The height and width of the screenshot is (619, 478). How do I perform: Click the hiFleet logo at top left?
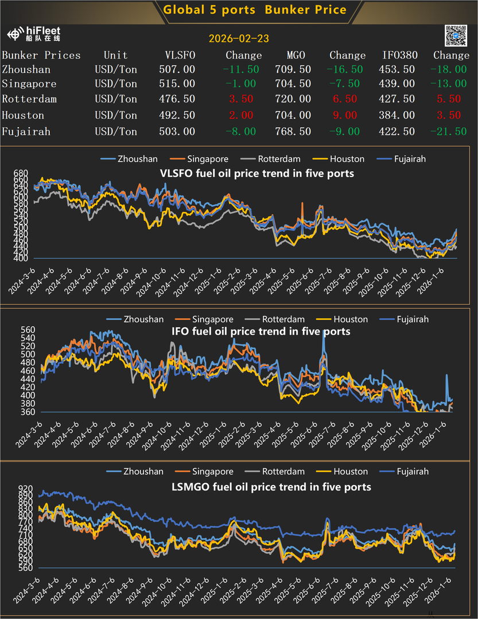pyautogui.click(x=34, y=34)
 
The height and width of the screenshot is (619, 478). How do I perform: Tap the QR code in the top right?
pyautogui.click(x=456, y=36)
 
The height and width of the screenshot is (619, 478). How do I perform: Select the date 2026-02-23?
pyautogui.click(x=239, y=39)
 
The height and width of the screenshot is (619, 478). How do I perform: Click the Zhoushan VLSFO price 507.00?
pyautogui.click(x=177, y=69)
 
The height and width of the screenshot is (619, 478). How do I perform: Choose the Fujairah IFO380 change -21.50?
pyautogui.click(x=451, y=131)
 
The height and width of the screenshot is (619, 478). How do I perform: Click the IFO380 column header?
pyautogui.click(x=400, y=55)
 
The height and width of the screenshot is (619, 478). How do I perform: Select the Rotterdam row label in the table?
pyautogui.click(x=29, y=99)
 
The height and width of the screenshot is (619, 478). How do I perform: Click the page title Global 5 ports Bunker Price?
pyautogui.click(x=255, y=9)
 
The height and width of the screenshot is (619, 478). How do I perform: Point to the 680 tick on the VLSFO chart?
pyautogui.click(x=20, y=173)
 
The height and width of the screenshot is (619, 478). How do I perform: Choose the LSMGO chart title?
pyautogui.click(x=271, y=487)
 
